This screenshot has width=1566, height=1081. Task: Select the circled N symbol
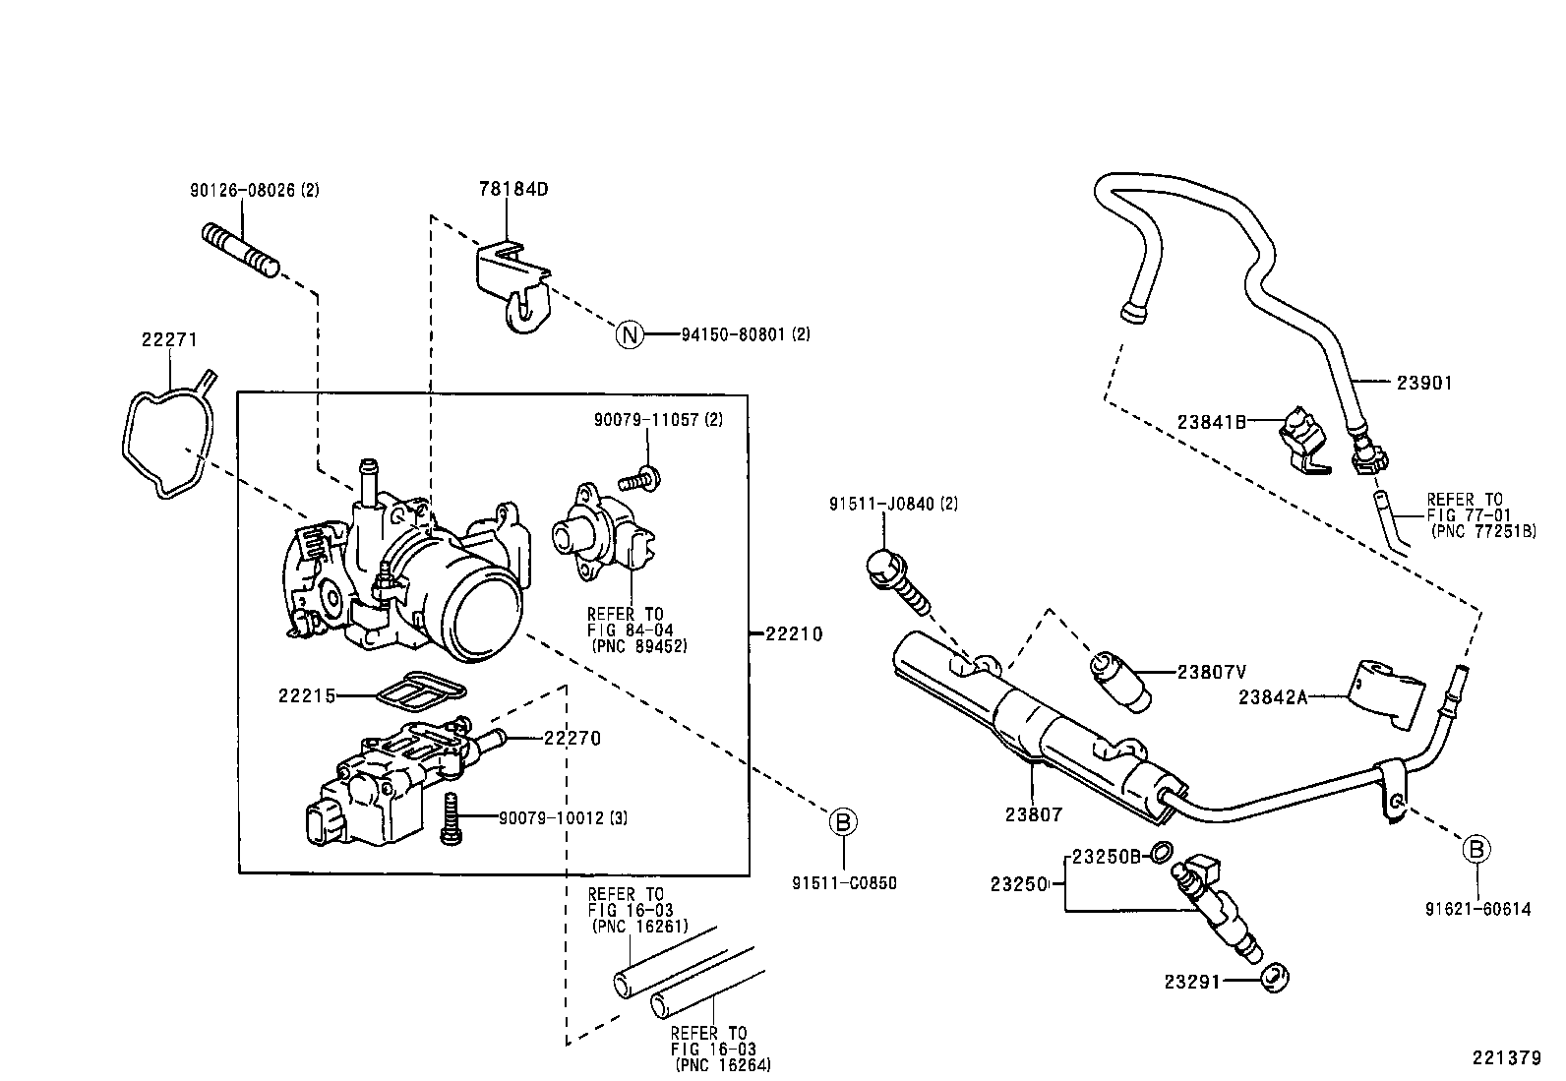coord(629,334)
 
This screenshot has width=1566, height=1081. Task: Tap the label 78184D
coord(512,188)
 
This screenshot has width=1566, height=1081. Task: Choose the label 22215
coord(306,695)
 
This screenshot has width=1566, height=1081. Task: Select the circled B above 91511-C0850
coord(842,821)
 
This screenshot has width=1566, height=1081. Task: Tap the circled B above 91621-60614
coord(1476,848)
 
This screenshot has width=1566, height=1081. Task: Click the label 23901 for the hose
coord(1423,384)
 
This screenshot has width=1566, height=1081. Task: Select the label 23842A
coord(1272,697)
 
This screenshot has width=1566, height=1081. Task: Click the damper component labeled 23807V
coord(1119,676)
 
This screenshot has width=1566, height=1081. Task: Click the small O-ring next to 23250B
coord(1161,852)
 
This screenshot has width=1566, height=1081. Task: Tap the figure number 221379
coord(1505,1058)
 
